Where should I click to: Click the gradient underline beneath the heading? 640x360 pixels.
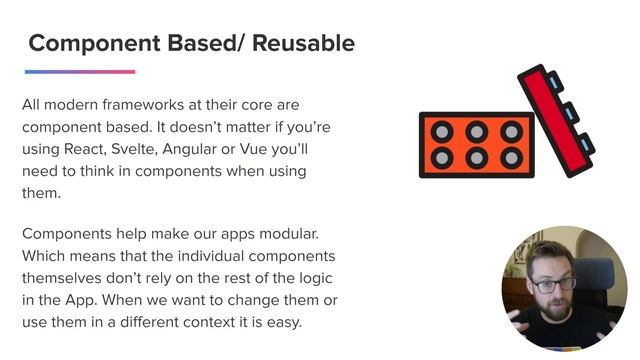tap(80, 72)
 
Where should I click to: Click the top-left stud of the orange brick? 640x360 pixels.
tap(442, 131)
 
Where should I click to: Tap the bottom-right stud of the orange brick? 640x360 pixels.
tap(511, 157)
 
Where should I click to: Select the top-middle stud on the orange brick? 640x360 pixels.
tap(477, 131)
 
